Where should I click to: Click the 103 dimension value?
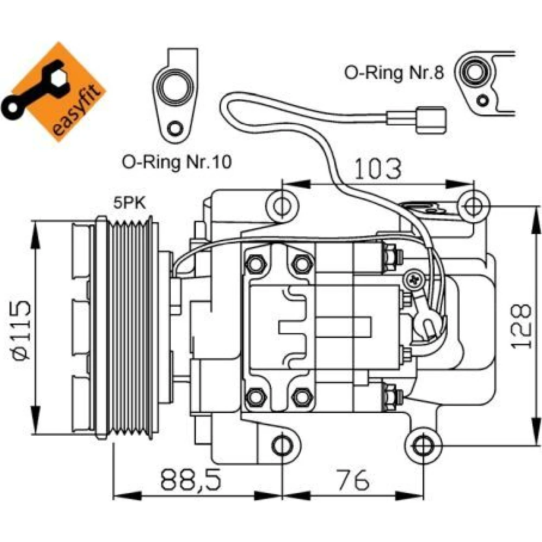(x=378, y=169)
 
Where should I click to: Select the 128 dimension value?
(x=520, y=326)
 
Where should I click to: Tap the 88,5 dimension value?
(x=190, y=480)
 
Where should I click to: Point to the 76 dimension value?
(x=353, y=480)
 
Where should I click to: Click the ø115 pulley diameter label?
(x=22, y=330)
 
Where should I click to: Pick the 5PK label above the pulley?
(x=130, y=203)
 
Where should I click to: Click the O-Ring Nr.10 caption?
(x=177, y=162)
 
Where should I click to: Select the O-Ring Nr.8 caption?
(x=393, y=73)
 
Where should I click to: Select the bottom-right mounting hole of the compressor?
(x=423, y=446)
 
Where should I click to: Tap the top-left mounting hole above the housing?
(x=282, y=207)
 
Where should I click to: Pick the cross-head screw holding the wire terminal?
(x=415, y=279)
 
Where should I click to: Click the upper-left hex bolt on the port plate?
(x=256, y=264)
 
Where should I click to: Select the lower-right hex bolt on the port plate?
(x=302, y=397)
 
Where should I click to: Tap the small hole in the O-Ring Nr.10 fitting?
(x=174, y=128)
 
